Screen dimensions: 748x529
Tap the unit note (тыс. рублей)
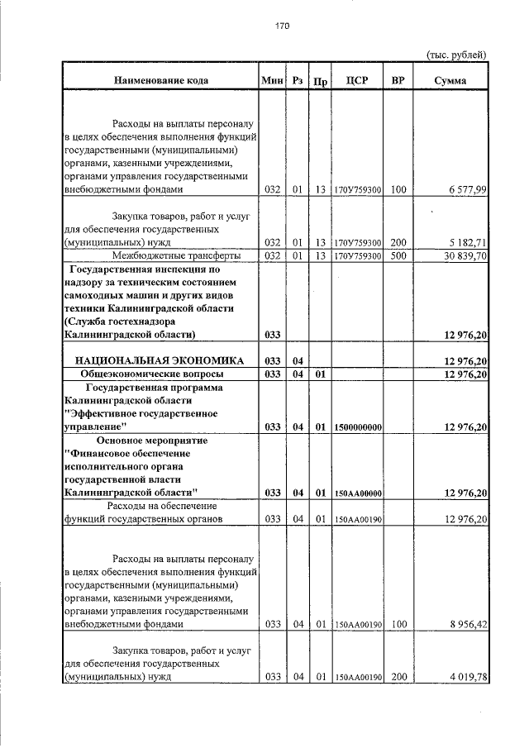pos(455,55)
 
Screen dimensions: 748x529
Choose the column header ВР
pos(398,81)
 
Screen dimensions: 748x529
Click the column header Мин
pos(271,81)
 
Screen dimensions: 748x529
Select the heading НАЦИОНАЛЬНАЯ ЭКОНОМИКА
pos(160,361)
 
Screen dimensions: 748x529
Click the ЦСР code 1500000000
pos(357,427)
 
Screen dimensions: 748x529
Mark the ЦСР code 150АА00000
pos(357,493)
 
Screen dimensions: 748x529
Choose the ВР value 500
pos(398,256)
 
